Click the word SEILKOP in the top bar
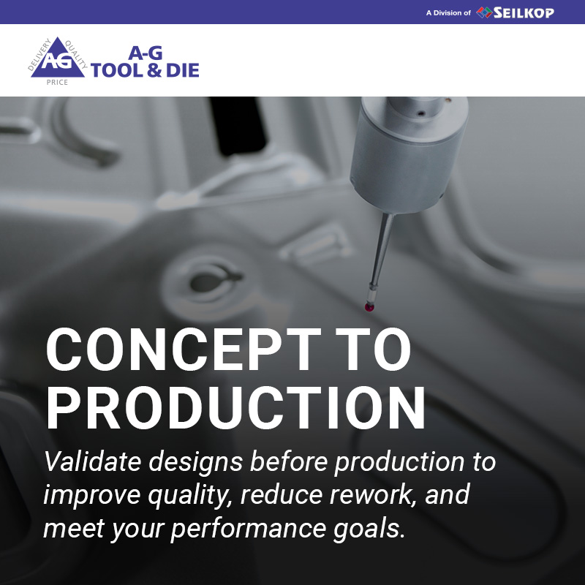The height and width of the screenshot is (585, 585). click(x=524, y=12)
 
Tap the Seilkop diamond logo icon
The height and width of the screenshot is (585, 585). click(x=484, y=12)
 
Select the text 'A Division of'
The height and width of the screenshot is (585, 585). click(x=448, y=13)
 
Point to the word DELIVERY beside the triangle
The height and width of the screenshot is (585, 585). click(x=39, y=54)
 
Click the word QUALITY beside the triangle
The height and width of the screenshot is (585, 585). click(x=76, y=54)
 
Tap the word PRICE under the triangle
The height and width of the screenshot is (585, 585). click(x=57, y=82)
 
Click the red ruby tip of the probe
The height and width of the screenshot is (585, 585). click(x=369, y=307)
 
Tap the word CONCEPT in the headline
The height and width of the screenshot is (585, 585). click(x=184, y=350)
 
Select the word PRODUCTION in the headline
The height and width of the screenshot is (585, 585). click(x=235, y=407)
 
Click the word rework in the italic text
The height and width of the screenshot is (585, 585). click(x=372, y=494)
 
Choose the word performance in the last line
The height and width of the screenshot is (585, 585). click(x=248, y=529)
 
